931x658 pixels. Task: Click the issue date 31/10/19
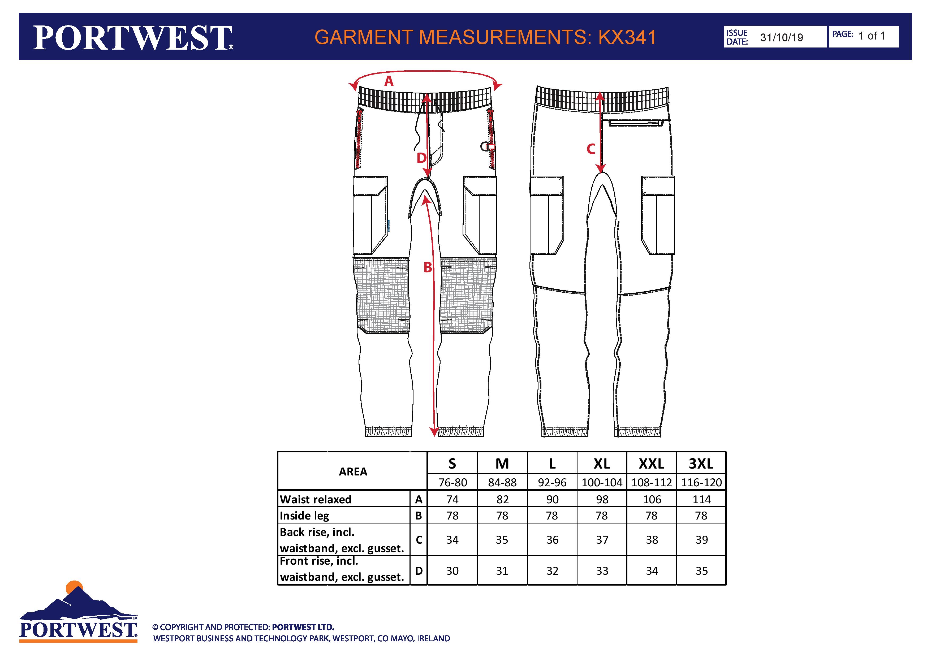tap(781, 38)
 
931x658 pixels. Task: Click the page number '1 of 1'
tap(871, 36)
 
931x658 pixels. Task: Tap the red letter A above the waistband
tap(389, 81)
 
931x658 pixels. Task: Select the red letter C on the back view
tap(591, 149)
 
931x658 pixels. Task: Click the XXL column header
tap(651, 464)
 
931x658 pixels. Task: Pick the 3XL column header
tap(701, 464)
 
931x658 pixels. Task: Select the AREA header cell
tap(353, 471)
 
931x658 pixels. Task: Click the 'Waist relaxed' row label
tap(316, 500)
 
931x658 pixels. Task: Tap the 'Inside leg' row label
tap(304, 516)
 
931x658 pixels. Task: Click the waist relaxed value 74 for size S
tap(452, 500)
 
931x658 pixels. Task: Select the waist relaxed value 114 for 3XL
tap(701, 500)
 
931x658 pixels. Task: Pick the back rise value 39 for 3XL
tap(701, 540)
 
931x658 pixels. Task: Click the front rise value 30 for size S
tap(452, 571)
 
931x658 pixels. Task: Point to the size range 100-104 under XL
tap(602, 482)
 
